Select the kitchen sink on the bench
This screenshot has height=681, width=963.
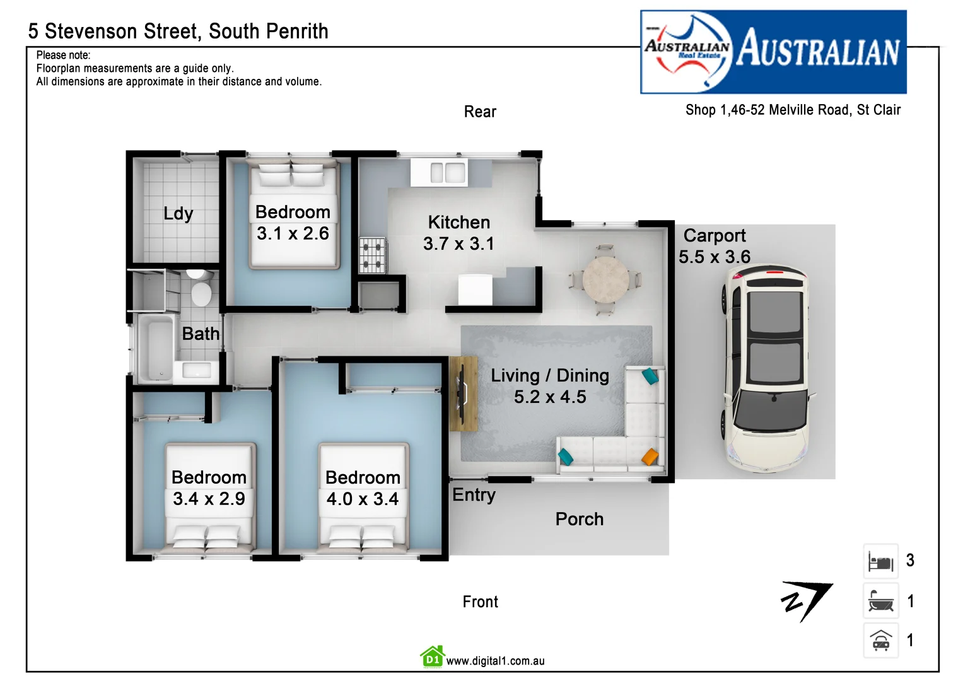[447, 172]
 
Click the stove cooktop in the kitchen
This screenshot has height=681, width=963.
[372, 255]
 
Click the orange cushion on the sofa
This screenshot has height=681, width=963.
[650, 456]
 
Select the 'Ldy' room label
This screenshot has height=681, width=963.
[178, 214]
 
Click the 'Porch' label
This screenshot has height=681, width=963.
[579, 519]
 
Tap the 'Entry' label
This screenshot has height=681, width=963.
[474, 495]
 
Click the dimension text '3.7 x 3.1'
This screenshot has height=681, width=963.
[458, 244]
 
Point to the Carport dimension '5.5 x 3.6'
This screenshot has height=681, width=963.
[714, 257]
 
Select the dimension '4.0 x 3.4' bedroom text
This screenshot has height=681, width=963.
[362, 499]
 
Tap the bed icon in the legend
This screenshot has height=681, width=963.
[880, 561]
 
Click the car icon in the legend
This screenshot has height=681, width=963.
[880, 641]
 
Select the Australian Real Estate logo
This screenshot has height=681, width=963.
[773, 52]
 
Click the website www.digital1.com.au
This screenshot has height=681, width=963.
[495, 661]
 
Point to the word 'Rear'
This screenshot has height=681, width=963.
[480, 112]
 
